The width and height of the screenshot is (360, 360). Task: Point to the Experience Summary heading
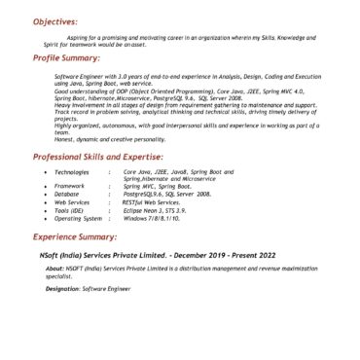[74, 236]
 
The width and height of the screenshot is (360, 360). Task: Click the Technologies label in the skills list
[72, 171]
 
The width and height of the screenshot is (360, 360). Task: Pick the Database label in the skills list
[67, 195]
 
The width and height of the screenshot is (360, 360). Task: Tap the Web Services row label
[72, 202]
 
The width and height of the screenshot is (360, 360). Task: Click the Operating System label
[78, 219]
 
